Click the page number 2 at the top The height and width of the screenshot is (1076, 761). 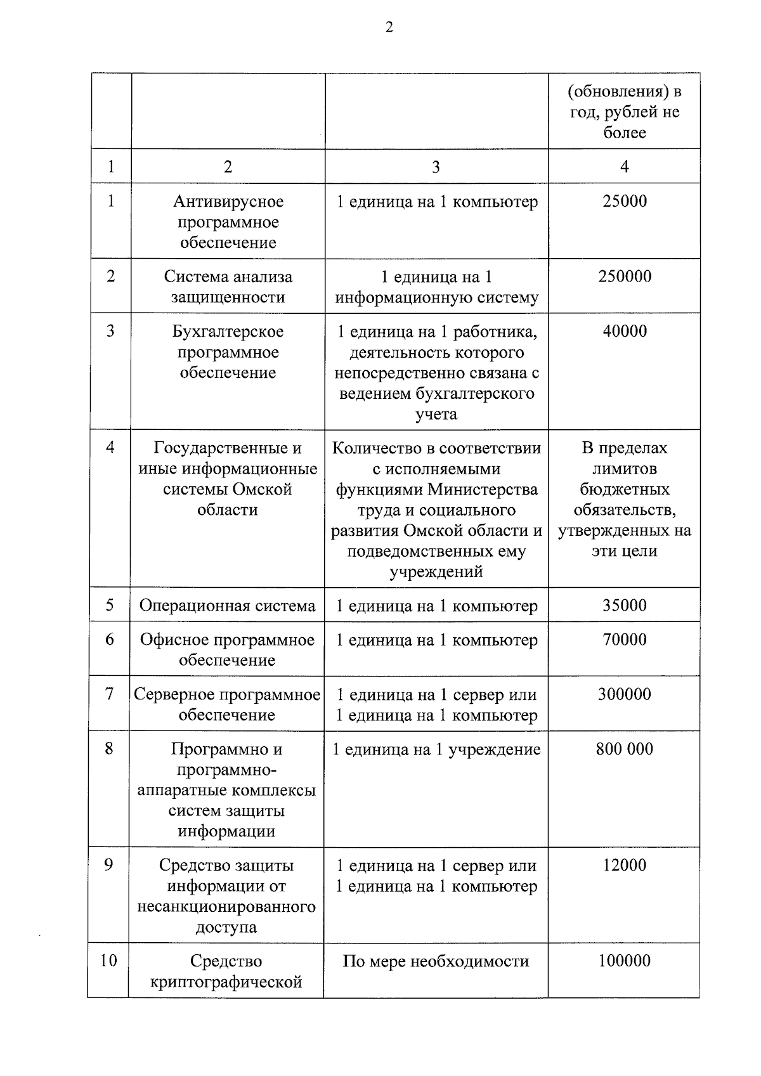coord(389,27)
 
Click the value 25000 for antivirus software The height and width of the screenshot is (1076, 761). coord(624,202)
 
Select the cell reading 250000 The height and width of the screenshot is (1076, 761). coord(624,276)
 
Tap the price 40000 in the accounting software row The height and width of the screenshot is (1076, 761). coord(624,331)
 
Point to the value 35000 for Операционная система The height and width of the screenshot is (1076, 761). coord(624,606)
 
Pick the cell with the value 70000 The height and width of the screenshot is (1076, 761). coord(624,640)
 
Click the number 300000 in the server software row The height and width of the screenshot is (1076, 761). coord(624,694)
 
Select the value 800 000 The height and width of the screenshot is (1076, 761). coord(624,749)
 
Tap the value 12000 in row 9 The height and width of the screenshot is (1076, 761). coord(624,865)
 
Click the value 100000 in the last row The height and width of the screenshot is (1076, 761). coord(624,961)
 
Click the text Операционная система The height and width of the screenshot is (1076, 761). coord(227,606)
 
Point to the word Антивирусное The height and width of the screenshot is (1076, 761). coord(228,202)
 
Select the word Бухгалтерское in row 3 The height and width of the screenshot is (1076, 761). coord(228,332)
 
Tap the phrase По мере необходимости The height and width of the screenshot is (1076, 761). coord(436,962)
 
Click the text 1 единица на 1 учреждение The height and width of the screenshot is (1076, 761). coord(436,749)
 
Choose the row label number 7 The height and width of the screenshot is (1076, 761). coord(110,694)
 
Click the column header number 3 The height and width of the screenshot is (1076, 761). coord(436,167)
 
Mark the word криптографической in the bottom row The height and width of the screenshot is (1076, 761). coord(226,982)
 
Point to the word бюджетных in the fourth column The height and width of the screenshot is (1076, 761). coord(624,489)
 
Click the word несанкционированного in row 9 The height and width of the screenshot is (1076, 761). coord(226,907)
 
